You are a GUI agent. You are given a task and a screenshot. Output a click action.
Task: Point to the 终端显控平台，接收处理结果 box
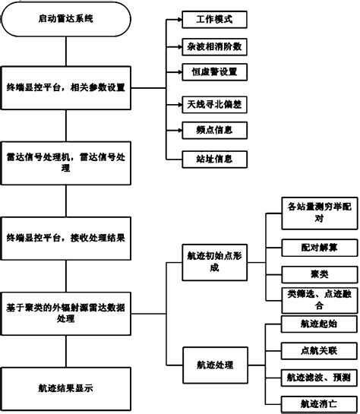pyautogui.click(x=64, y=237)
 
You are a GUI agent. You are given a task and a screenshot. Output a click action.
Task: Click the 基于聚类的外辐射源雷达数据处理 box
pyautogui.click(x=64, y=313)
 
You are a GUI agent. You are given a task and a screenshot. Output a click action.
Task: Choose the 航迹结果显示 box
pyautogui.click(x=64, y=387)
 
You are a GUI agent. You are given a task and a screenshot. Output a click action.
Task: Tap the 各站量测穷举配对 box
pyautogui.click(x=311, y=213)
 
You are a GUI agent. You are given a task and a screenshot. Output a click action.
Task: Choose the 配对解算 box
pyautogui.click(x=311, y=247)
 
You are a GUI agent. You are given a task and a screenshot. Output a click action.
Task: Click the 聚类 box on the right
pyautogui.click(x=311, y=273)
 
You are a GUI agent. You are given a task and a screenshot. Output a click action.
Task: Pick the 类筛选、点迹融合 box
pyautogui.click(x=311, y=299)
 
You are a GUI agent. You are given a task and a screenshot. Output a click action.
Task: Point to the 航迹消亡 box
pyautogui.click(x=311, y=403)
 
